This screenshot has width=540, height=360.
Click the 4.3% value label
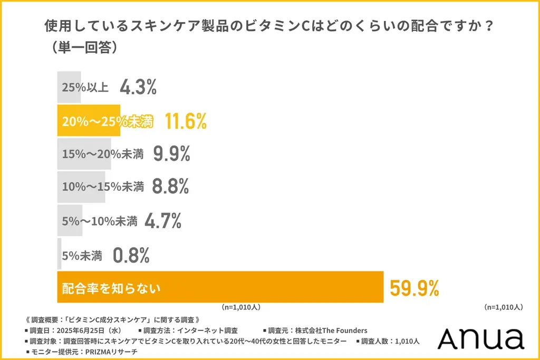(138, 87)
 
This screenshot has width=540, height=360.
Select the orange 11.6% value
(185, 121)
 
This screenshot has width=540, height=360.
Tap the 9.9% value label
(171, 154)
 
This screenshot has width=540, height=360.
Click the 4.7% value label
(162, 220)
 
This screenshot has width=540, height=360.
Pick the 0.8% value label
(131, 256)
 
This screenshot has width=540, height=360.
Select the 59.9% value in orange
(414, 288)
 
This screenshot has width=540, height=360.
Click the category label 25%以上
(85, 87)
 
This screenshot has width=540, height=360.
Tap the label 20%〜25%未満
(107, 122)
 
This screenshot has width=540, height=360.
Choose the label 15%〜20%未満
(103, 154)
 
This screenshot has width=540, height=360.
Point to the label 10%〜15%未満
(103, 187)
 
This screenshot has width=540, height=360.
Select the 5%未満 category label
(82, 256)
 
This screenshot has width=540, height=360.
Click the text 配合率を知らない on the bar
(111, 288)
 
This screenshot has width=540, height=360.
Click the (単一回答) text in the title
(81, 46)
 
